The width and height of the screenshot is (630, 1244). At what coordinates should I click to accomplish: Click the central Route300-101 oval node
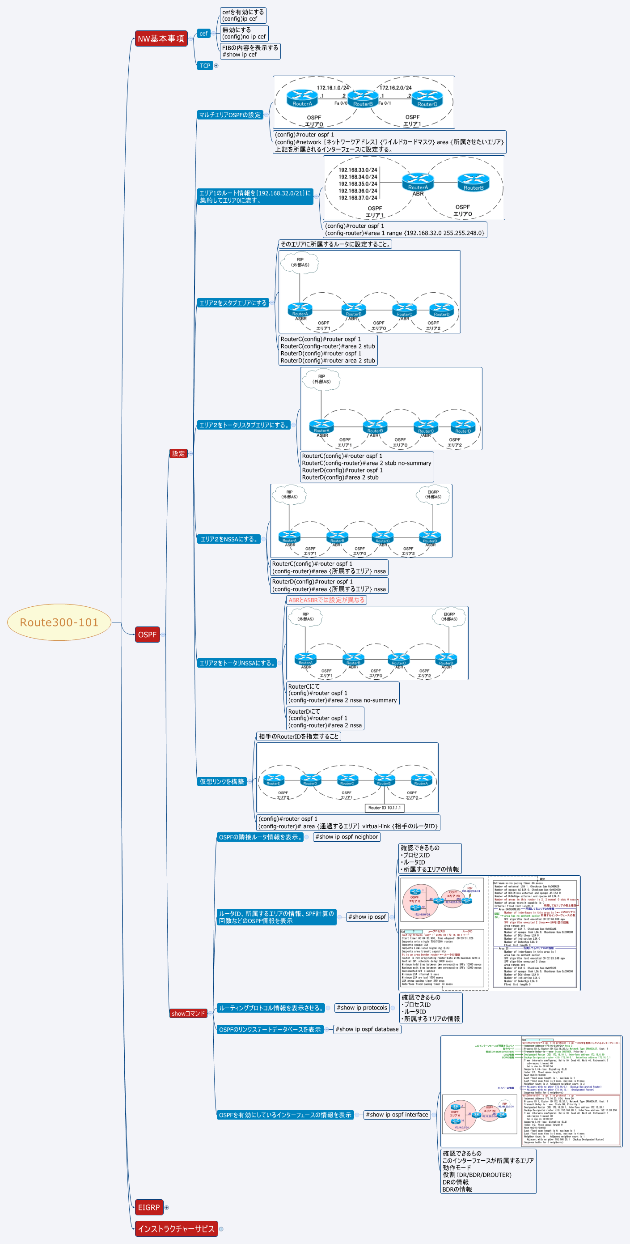[59, 622]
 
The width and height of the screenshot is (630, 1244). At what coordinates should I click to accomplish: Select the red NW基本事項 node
[161, 38]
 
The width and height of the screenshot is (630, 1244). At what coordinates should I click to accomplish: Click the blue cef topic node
[203, 33]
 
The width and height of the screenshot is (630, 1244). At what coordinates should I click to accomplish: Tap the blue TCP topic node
[205, 66]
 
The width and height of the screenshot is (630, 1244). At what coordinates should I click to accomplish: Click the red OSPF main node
[147, 635]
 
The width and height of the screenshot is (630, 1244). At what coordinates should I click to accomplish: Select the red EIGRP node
[148, 1207]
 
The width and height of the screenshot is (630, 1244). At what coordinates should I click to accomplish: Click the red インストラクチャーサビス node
[176, 1228]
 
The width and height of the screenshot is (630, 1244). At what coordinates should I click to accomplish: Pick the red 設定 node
[178, 453]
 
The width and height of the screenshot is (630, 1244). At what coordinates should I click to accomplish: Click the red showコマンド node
[188, 1013]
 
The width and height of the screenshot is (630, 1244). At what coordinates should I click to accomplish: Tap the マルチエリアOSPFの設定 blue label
[230, 115]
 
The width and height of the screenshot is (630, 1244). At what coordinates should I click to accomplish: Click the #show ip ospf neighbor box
[347, 837]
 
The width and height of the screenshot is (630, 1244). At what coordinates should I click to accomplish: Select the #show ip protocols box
[362, 1008]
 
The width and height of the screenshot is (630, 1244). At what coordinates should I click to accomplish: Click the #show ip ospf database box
[367, 1029]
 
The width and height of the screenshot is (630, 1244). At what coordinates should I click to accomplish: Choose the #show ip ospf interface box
[397, 1115]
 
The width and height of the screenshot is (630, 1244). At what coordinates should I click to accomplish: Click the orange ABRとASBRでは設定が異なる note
[326, 600]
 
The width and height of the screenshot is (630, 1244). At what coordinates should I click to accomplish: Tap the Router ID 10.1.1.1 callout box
[385, 807]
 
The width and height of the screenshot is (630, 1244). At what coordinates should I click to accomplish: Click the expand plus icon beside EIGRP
[167, 1207]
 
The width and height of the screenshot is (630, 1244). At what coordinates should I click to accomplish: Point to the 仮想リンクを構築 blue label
[221, 781]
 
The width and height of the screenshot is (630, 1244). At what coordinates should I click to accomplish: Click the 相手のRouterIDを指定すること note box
[298, 737]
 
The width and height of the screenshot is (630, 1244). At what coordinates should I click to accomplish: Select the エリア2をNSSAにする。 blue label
[228, 539]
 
